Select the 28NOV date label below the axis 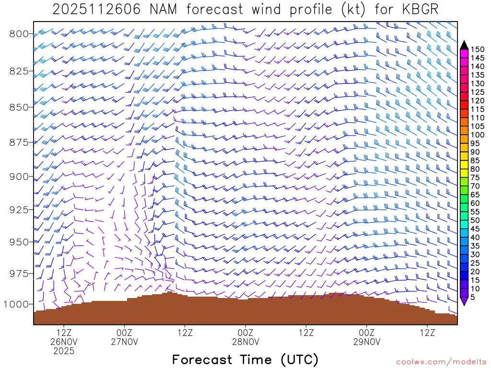(x=245, y=342)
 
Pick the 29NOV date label (x=367, y=342)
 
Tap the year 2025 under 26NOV (x=64, y=351)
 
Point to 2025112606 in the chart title (x=96, y=10)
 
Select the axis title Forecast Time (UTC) (x=245, y=359)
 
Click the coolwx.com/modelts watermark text (x=441, y=361)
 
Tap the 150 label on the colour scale (x=478, y=49)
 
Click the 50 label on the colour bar (x=475, y=220)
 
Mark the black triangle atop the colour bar (x=464, y=45)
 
